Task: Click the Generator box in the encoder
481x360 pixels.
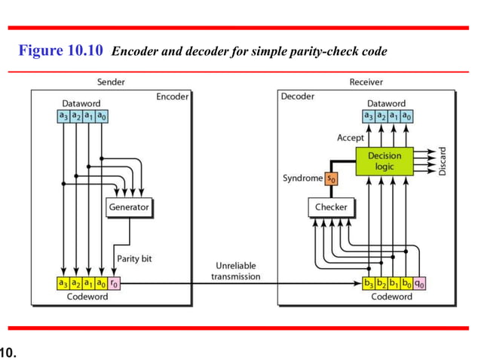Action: click(128, 206)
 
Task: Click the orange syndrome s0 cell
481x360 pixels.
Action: click(332, 178)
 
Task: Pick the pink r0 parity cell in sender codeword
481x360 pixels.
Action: click(114, 284)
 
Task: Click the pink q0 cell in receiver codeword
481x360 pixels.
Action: click(420, 284)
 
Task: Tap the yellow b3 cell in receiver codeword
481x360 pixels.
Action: click(367, 284)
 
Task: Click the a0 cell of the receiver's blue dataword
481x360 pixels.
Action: click(406, 115)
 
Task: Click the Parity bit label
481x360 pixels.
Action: click(135, 258)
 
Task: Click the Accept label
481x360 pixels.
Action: click(350, 138)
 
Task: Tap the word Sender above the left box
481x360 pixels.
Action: click(111, 81)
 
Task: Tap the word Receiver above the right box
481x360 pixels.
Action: click(366, 81)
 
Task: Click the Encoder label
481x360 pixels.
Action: click(172, 96)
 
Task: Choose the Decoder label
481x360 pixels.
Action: click(298, 96)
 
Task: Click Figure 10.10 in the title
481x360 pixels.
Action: click(62, 51)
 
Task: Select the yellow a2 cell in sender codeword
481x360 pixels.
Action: click(76, 284)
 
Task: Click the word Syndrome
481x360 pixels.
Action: click(303, 178)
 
